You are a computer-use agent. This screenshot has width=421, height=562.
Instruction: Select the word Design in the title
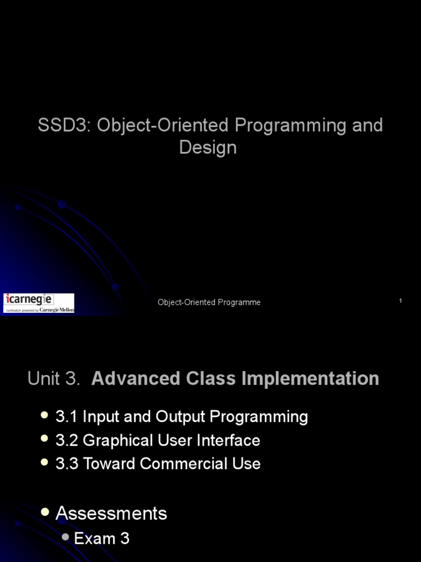click(208, 148)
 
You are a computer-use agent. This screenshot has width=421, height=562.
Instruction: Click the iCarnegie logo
click(38, 302)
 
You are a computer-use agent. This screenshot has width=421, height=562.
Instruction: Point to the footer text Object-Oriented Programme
click(209, 302)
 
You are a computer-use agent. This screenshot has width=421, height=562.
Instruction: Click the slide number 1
click(401, 301)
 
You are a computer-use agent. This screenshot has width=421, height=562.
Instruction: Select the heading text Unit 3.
click(54, 379)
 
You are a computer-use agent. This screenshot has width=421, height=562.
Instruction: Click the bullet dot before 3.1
click(45, 416)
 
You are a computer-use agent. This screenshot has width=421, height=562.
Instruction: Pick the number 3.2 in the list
click(67, 440)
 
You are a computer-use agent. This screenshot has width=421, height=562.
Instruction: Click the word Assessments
click(111, 514)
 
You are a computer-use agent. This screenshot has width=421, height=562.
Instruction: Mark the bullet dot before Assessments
click(45, 512)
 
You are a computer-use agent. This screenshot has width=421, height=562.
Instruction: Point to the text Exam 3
click(101, 539)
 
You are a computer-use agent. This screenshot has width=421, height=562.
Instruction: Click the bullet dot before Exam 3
click(66, 538)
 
